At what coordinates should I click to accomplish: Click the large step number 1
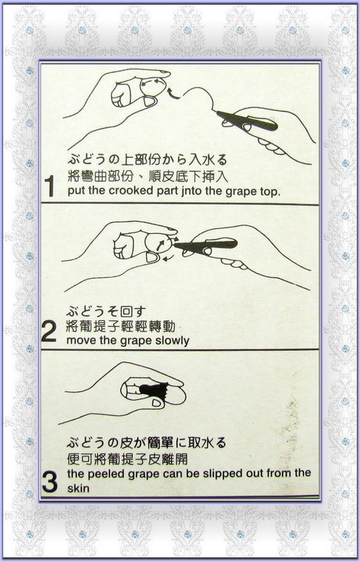tap(49, 186)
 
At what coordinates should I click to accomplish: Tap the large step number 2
tap(49, 331)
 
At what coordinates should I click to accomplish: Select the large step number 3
tap(49, 482)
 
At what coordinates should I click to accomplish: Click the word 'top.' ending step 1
tap(269, 192)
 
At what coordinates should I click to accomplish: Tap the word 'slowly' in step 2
tap(172, 341)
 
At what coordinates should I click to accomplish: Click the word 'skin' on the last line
tap(78, 488)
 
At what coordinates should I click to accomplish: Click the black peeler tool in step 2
tap(206, 245)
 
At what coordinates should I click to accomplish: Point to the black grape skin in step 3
tap(155, 390)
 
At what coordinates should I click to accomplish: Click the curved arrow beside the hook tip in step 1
tap(173, 92)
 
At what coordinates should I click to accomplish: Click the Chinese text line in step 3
tap(127, 459)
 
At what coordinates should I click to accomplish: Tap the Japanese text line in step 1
tap(148, 159)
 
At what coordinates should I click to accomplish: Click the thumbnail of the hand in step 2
tap(152, 257)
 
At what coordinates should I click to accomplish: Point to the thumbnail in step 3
tap(157, 403)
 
